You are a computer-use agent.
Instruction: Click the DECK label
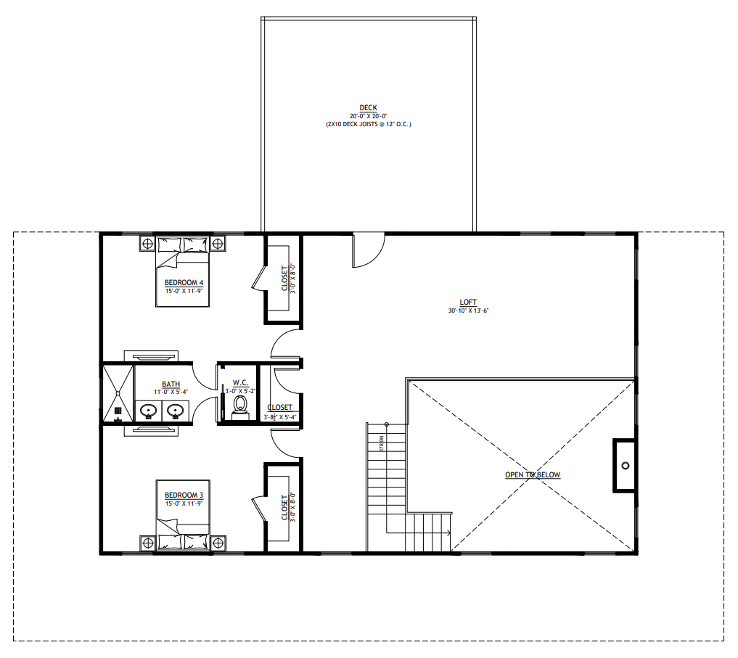point(368,108)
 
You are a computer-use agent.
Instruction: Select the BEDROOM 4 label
point(184,282)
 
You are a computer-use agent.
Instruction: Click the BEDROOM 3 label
point(184,495)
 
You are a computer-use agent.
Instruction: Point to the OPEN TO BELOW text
point(533,475)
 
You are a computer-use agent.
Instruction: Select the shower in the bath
point(118,392)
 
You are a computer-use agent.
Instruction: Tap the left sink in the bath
point(149,411)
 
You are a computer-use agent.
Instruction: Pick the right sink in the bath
point(174,411)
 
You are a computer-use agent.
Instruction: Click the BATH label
point(171,384)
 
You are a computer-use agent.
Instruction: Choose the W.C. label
point(241,382)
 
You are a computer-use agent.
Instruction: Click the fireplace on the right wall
point(624,465)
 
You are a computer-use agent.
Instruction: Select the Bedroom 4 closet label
point(284,278)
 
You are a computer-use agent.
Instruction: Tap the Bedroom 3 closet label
point(284,508)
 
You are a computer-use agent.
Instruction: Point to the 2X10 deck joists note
point(368,124)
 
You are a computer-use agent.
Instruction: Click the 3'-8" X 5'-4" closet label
point(279,416)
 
